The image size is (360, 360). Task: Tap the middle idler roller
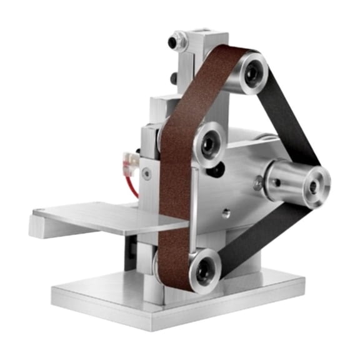point(209,143)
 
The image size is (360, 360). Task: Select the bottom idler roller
point(203,270)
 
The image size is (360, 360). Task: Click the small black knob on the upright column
point(173,77)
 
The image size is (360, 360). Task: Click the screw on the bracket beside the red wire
point(146,174)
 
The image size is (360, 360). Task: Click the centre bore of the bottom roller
point(203,271)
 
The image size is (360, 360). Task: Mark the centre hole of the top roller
point(253,72)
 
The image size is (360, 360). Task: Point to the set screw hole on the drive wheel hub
point(276,182)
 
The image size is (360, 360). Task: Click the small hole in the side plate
point(226,212)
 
